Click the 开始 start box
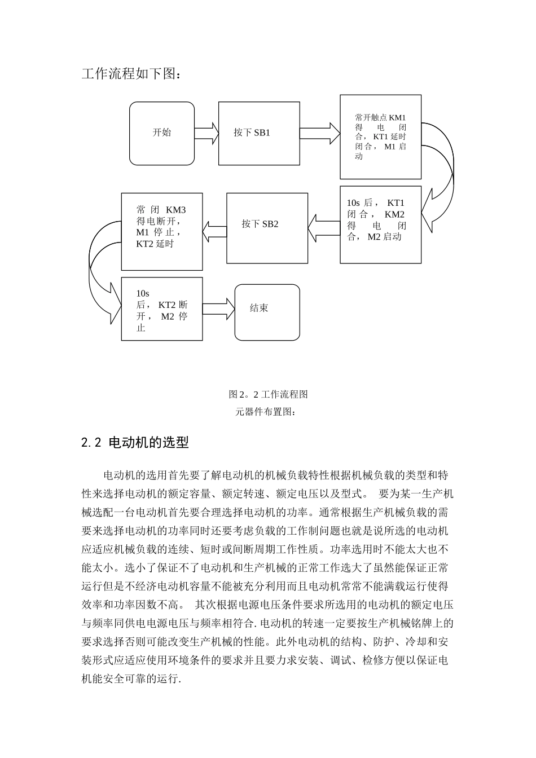coord(162,133)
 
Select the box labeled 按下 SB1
coord(259,133)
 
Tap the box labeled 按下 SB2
coord(267,228)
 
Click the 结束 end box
coord(267,312)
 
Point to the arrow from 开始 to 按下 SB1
coord(206,133)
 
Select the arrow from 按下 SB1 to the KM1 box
coord(320,133)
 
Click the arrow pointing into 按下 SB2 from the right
coord(324,228)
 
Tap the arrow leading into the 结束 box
coord(218,308)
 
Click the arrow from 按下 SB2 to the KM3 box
coord(214,228)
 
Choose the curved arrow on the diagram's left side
coord(102,271)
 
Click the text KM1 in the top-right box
coord(397,117)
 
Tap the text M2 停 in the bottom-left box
coord(174,316)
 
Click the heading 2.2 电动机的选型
coord(135,443)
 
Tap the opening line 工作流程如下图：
coord(132,74)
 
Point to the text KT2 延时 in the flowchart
coord(155,244)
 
